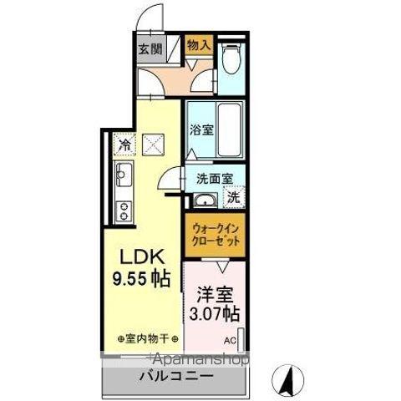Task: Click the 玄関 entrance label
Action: (147, 47)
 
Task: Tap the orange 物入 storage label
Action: (199, 45)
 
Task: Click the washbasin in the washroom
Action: (205, 199)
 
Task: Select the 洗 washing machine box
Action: (235, 198)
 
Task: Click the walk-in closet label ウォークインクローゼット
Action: (216, 233)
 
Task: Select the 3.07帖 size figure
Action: (214, 315)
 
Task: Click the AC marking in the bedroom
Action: (229, 338)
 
